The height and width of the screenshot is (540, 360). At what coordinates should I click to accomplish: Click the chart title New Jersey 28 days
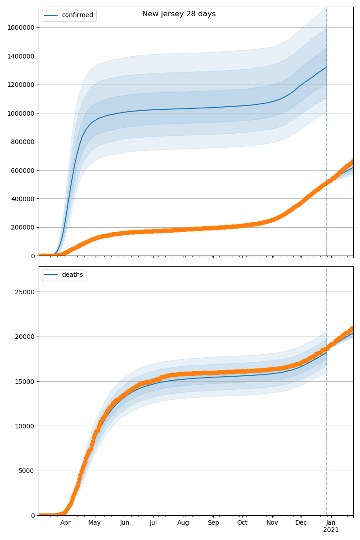(x=179, y=14)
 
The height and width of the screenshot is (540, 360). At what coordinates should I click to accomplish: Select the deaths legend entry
(x=72, y=275)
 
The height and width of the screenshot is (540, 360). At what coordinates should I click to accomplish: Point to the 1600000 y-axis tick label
(x=21, y=27)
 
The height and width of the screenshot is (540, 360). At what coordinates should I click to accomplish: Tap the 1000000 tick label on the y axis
(x=21, y=113)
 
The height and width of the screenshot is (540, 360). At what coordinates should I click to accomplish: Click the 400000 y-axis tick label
(x=23, y=199)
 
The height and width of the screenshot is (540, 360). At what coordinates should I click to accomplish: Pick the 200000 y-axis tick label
(x=23, y=227)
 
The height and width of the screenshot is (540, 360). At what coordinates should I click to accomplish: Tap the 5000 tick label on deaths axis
(x=28, y=471)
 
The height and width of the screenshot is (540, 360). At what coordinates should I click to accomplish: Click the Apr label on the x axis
(x=66, y=523)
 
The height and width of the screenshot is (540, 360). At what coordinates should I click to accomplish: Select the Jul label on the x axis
(x=153, y=523)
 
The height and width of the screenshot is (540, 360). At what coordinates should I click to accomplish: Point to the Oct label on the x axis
(x=242, y=523)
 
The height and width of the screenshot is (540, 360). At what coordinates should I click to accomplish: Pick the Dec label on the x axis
(x=301, y=523)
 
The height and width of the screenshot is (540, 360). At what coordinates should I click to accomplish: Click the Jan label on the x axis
(x=331, y=523)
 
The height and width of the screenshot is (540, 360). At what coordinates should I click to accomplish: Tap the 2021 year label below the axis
(x=331, y=530)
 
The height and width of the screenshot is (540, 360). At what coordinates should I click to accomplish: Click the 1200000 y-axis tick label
(x=21, y=85)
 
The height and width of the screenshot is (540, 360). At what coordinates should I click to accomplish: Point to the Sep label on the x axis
(x=213, y=523)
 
